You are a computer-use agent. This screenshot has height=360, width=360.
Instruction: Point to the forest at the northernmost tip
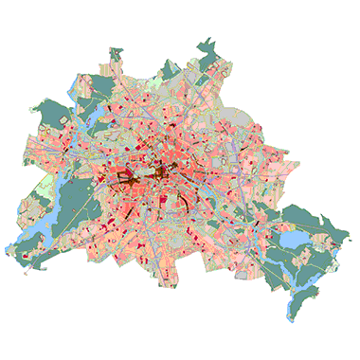[x=207, y=47]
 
